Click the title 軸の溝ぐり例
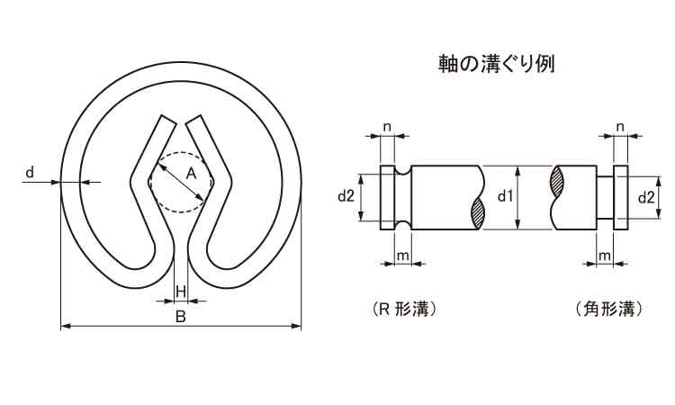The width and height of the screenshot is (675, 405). pos(496,64)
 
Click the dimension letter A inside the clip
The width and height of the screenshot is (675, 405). pos(191,175)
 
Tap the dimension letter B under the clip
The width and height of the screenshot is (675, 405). pos(181,317)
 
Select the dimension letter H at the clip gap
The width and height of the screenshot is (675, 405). pos(181,292)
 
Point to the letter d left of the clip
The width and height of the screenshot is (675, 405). pos(30,173)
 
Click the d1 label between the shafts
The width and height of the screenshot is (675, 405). pos(506,196)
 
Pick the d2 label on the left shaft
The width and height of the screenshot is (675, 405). pos(346,196)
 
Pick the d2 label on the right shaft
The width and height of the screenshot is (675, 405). pos(646,197)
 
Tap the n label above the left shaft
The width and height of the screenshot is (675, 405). pos(387,127)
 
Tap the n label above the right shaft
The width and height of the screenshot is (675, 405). pos(620,127)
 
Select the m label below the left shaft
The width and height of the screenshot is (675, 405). pos(402,256)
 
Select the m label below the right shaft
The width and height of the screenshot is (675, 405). pos(605,256)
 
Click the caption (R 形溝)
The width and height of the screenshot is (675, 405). pos(403,309)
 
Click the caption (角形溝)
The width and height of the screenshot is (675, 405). pos(608,309)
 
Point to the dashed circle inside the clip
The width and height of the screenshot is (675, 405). pos(180,182)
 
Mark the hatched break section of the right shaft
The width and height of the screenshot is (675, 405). pos(556,182)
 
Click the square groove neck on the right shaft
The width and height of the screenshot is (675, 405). pos(605,198)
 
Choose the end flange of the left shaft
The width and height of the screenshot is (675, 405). pos(387,197)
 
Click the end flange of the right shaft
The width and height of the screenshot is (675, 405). pos(620,197)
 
